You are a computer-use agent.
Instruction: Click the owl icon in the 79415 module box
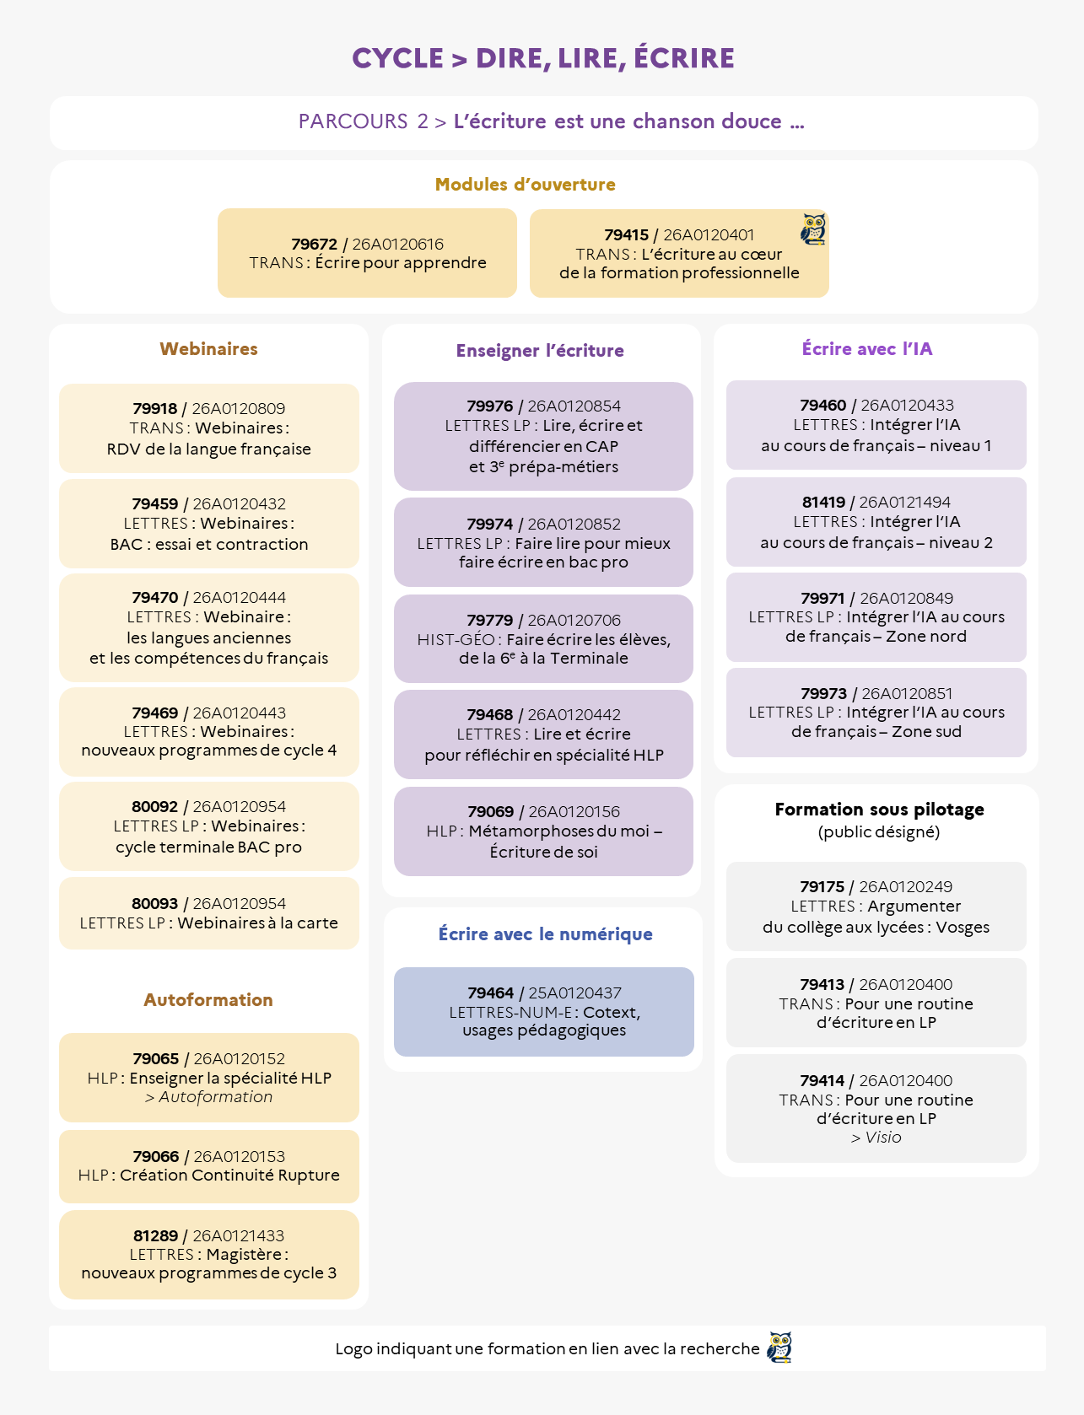click(813, 229)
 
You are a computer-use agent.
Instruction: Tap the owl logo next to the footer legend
click(779, 1348)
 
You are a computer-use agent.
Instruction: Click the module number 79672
click(314, 245)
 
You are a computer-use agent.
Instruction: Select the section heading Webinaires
click(208, 349)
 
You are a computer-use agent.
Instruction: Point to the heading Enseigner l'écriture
click(540, 351)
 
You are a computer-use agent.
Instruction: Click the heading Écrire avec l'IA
click(867, 349)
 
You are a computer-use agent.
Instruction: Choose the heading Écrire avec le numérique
click(545, 934)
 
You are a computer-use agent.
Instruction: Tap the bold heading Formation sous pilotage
click(879, 810)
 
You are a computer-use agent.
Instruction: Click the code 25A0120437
click(574, 993)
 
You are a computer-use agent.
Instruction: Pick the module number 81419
click(823, 503)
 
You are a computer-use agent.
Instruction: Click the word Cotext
click(612, 1012)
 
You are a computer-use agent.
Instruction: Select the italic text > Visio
click(876, 1138)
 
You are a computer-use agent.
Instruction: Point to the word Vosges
click(963, 928)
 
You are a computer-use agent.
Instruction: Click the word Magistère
click(244, 1255)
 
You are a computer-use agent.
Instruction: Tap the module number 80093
click(154, 904)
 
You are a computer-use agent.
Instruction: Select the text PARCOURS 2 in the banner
click(364, 121)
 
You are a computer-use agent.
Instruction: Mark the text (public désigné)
click(879, 832)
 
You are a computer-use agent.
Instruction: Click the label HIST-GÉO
click(456, 640)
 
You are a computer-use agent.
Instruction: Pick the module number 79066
click(156, 1157)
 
